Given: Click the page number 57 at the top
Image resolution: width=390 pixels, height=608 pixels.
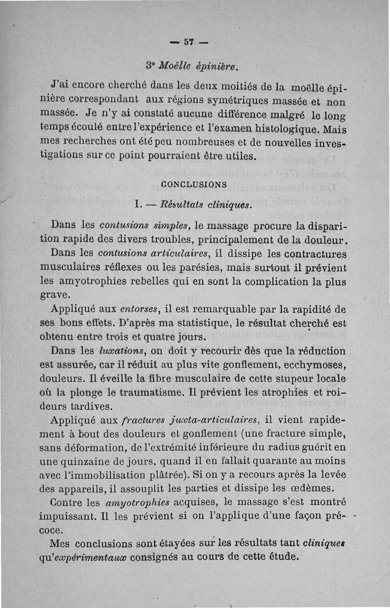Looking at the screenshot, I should click(189, 42).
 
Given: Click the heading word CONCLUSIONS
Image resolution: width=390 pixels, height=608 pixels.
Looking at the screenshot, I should click(194, 185).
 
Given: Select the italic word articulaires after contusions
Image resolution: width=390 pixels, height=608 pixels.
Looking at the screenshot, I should click(180, 253).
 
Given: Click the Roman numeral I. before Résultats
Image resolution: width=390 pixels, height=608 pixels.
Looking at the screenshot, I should click(138, 205).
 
